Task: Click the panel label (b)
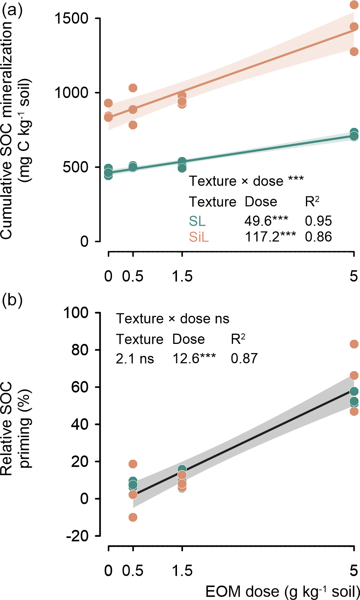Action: (x=12, y=300)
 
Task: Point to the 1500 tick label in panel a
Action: (x=71, y=18)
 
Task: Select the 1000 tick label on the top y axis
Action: (x=71, y=93)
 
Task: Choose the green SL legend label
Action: (x=197, y=221)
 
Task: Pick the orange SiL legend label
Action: (x=199, y=237)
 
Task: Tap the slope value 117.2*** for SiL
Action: (x=270, y=237)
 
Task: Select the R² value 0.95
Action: (x=318, y=221)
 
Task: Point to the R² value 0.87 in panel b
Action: (x=244, y=359)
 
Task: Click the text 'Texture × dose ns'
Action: (x=172, y=319)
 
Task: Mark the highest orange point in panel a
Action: (x=354, y=5)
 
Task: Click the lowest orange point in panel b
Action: (x=133, y=517)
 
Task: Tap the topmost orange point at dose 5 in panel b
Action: (x=354, y=344)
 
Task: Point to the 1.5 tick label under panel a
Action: (x=182, y=277)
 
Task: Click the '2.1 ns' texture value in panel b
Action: (x=135, y=359)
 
